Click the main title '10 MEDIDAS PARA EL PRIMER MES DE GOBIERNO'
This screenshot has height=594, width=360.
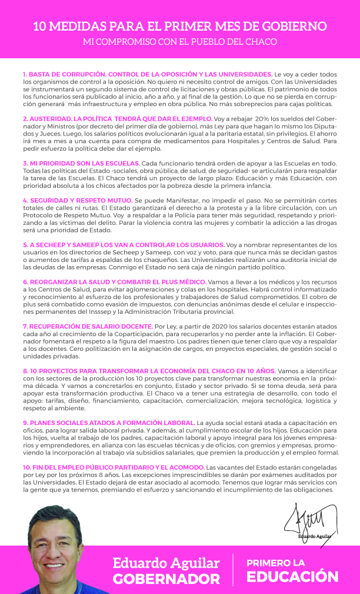click(x=179, y=27)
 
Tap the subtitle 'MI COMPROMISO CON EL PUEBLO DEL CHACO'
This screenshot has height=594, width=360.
click(x=179, y=42)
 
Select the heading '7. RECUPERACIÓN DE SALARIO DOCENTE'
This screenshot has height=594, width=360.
click(x=87, y=326)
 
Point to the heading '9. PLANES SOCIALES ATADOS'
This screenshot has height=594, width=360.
click(x=108, y=423)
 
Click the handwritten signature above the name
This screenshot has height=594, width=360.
click(x=309, y=518)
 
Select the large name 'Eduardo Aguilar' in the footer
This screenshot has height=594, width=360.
click(x=166, y=563)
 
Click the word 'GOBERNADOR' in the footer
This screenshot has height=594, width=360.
click(x=166, y=579)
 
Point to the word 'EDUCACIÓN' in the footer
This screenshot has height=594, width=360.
click(x=292, y=576)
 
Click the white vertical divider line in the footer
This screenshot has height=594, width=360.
click(x=233, y=570)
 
